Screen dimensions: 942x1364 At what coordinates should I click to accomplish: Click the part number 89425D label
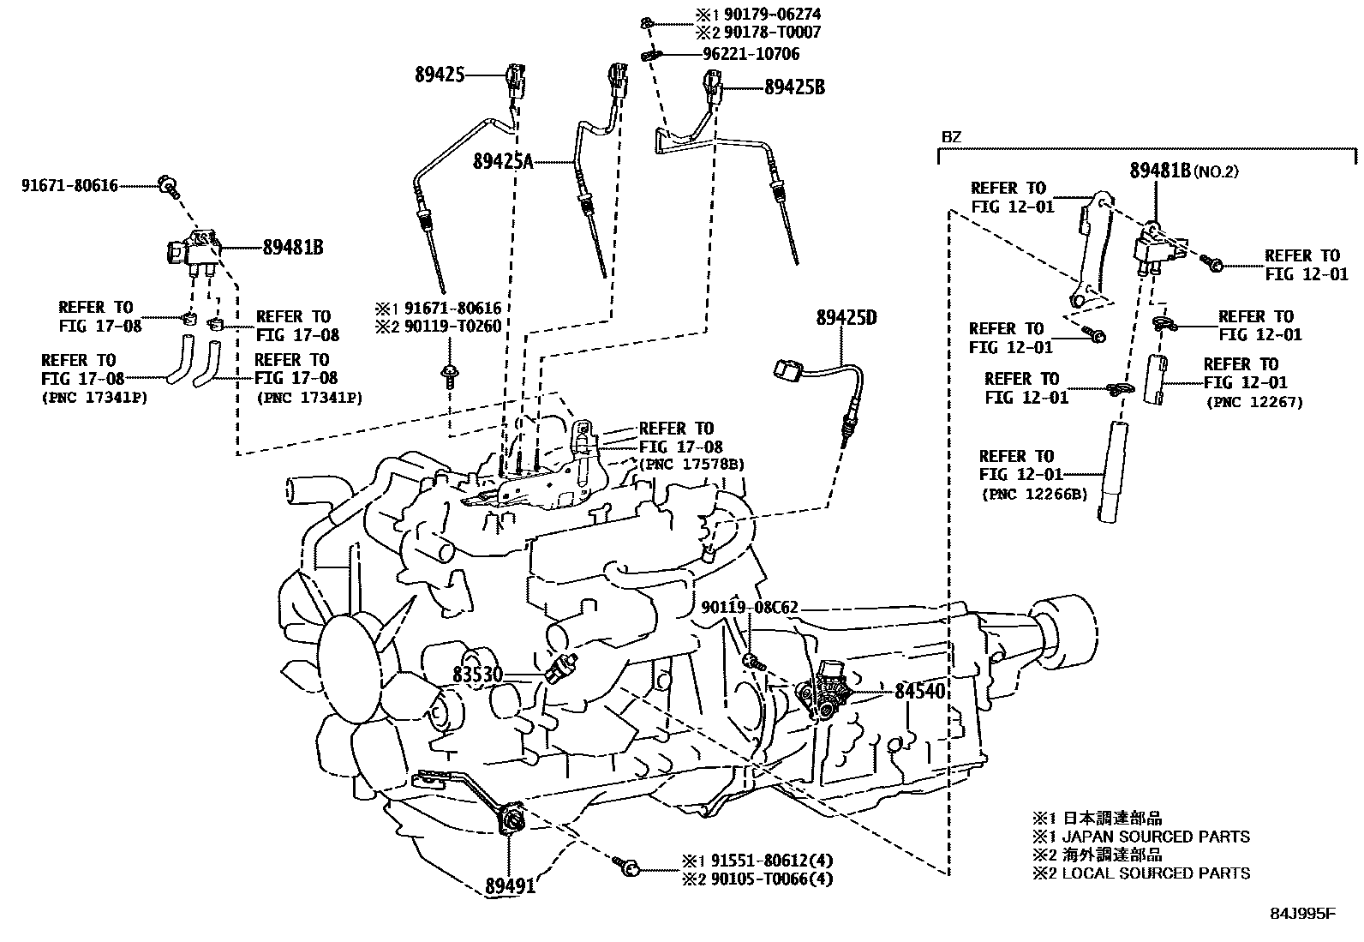click(x=846, y=318)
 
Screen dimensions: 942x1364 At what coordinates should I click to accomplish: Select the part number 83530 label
click(x=477, y=675)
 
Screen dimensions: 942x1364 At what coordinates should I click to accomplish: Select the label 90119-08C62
click(x=750, y=608)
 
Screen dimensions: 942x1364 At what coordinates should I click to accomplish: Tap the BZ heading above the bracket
click(x=951, y=136)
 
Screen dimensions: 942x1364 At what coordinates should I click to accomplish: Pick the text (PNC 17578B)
click(x=691, y=465)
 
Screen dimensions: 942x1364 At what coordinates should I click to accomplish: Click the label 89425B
click(x=794, y=87)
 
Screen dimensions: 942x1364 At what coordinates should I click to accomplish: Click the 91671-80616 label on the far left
click(x=69, y=185)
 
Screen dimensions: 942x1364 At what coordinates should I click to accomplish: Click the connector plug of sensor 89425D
click(x=786, y=370)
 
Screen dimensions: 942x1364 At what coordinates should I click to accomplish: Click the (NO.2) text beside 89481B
click(x=1216, y=171)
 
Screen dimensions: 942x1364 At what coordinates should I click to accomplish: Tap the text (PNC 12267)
click(x=1253, y=402)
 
